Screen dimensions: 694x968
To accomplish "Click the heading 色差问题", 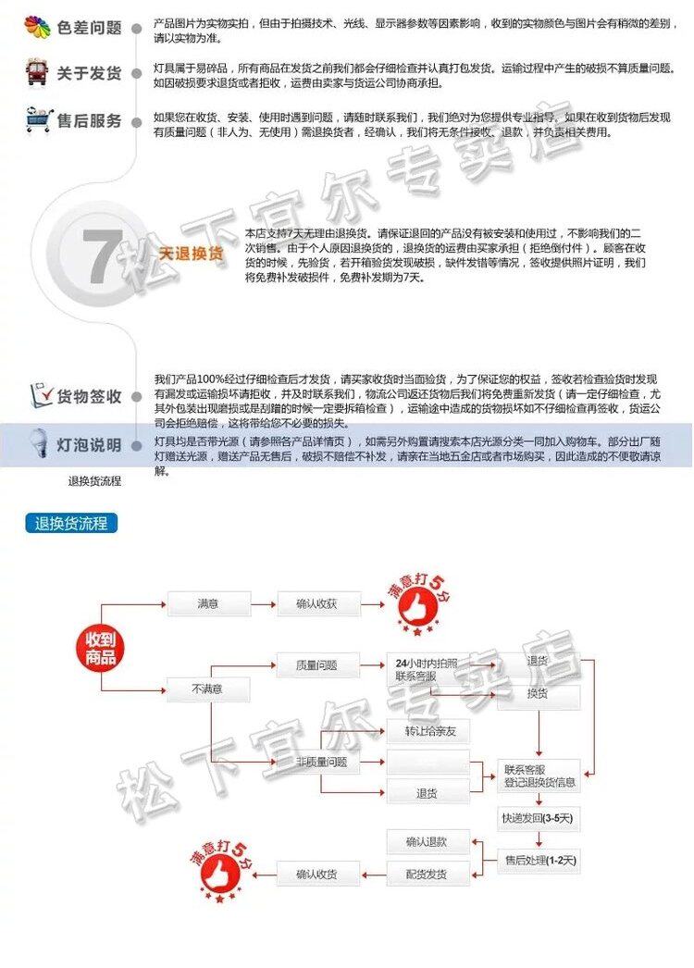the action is [x=89, y=27].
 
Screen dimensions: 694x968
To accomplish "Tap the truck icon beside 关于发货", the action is [x=37, y=72].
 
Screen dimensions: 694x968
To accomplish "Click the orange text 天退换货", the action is [x=192, y=254].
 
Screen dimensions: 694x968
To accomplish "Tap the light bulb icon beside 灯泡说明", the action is [x=38, y=442].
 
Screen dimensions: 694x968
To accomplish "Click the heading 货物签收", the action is [x=89, y=397].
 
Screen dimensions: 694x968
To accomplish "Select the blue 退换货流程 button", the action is [x=71, y=524].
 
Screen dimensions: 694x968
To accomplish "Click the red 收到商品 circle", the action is [x=101, y=648].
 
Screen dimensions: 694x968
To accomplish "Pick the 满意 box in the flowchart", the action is [x=208, y=604].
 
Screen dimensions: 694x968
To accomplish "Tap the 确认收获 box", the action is [x=316, y=604].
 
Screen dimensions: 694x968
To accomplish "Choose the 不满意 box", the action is [x=207, y=689].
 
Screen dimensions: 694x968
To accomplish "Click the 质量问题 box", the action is [x=316, y=664].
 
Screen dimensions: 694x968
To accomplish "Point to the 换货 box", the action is [x=538, y=693].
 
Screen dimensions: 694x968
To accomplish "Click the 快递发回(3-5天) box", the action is [x=538, y=818].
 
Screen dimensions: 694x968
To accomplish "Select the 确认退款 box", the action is [x=427, y=841].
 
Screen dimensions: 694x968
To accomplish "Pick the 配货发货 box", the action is [x=427, y=874].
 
